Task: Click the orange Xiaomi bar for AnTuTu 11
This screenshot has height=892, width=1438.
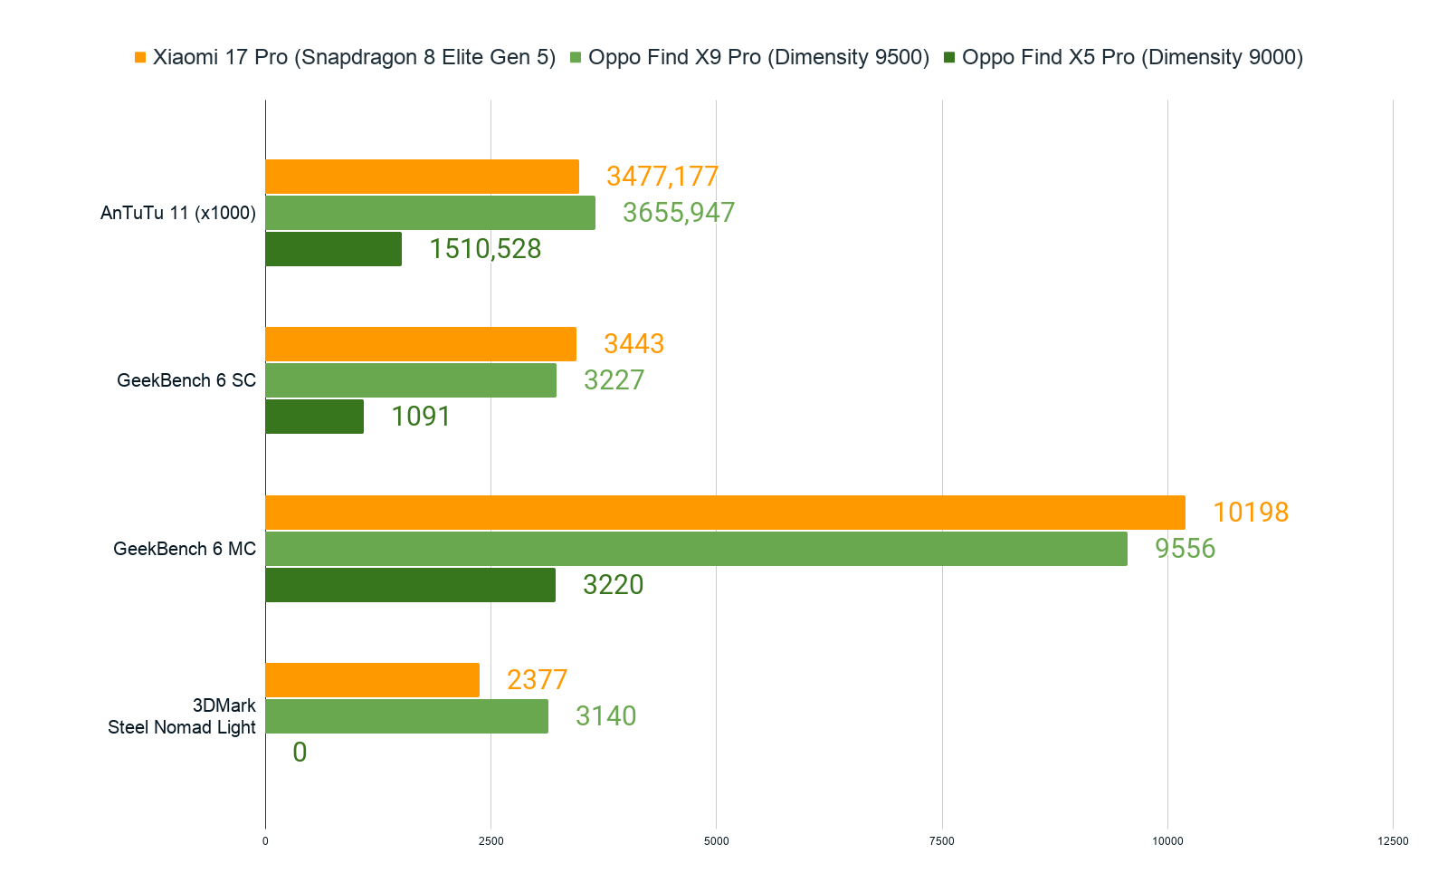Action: (422, 177)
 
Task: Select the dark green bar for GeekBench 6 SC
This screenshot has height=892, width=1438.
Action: (315, 417)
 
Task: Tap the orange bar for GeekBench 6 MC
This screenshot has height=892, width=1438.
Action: (725, 513)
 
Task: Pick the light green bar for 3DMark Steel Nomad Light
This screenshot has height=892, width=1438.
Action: (406, 716)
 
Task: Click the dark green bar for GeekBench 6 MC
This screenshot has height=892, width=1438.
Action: (410, 585)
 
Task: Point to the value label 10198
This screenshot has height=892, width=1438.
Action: (1250, 513)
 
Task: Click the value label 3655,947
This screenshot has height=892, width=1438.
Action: (678, 213)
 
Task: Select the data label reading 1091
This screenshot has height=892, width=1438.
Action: (420, 417)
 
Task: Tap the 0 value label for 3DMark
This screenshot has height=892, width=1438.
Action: (300, 753)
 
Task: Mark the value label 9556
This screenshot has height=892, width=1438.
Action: (1185, 549)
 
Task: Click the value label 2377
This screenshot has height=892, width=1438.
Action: (537, 680)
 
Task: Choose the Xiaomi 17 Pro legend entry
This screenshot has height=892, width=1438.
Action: (345, 58)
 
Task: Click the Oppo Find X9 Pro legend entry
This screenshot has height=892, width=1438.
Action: (749, 58)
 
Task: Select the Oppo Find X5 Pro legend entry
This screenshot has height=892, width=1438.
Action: (1123, 58)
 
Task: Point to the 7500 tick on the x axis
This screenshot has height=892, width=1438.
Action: (941, 841)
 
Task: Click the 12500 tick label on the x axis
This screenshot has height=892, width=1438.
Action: (1392, 841)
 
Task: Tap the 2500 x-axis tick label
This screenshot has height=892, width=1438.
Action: (490, 841)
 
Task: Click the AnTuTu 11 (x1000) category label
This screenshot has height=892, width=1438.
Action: (178, 213)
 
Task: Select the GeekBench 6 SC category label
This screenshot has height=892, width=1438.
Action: (186, 380)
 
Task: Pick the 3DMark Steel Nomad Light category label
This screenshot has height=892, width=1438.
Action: (182, 716)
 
